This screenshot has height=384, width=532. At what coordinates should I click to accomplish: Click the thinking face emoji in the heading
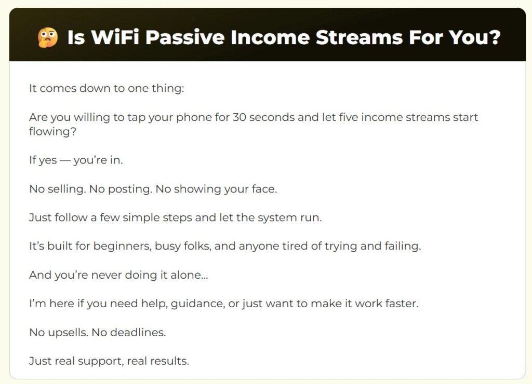(47, 37)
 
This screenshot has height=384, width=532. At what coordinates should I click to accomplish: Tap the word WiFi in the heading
(115, 37)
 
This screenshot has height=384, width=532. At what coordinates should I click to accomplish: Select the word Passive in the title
(185, 37)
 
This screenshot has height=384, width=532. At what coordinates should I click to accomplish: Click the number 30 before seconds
(240, 117)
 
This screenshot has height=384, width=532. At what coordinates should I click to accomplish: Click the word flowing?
(52, 132)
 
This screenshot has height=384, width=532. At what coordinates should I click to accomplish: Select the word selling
(66, 189)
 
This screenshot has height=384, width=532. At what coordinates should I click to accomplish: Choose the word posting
(129, 189)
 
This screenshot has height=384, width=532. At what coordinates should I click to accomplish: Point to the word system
(276, 218)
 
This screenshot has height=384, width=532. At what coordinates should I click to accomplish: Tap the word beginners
(123, 246)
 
